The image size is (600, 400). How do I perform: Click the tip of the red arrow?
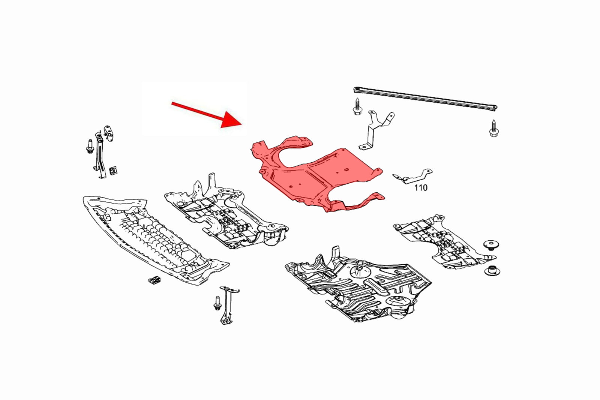(242, 124)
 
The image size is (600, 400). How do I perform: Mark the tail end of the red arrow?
(172, 103)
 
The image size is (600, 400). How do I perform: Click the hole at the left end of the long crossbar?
(357, 89)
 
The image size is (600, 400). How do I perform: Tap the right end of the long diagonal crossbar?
(495, 108)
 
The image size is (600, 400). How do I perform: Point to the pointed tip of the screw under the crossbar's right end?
(494, 120)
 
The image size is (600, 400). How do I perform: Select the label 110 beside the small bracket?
(421, 188)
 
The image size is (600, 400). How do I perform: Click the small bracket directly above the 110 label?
(412, 177)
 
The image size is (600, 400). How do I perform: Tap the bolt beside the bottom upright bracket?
(217, 303)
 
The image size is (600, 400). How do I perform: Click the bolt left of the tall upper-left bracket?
(90, 146)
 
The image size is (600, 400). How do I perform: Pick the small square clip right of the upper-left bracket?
(114, 171)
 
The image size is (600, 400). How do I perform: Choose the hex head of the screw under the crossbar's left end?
(357, 111)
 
